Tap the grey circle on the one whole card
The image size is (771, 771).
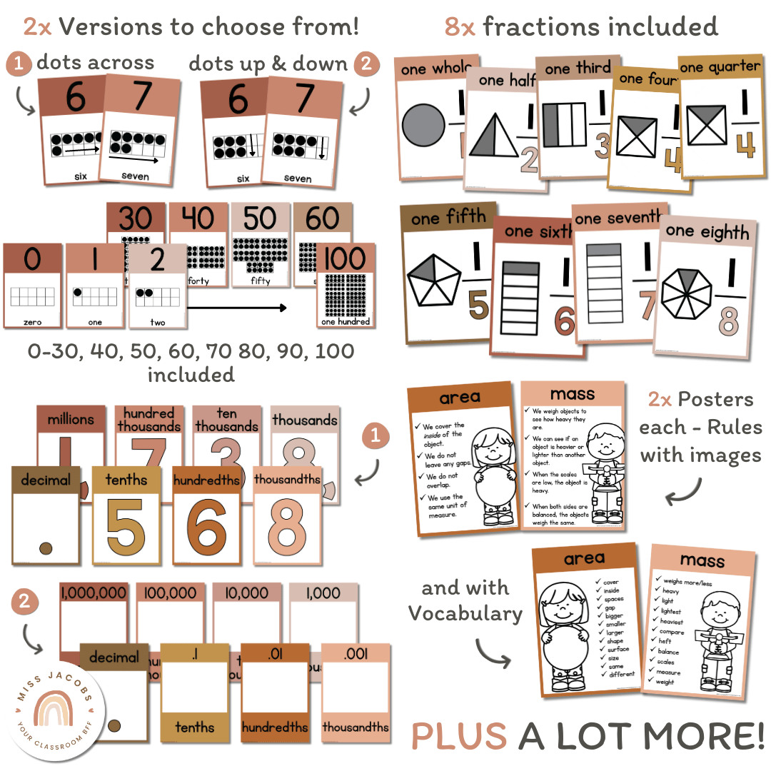pos(423,127)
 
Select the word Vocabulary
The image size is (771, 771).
pos(465,613)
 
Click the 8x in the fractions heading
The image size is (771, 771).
pos(460,27)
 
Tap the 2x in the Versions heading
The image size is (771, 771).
pos(38,26)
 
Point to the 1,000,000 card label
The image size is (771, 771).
pos(94,593)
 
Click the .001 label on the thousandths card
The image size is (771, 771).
pos(355,652)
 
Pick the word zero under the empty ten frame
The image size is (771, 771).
pos(32,322)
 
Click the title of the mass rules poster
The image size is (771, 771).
pos(573,394)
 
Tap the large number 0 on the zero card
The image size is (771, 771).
pos(33,261)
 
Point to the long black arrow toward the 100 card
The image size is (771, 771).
pos(236,308)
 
